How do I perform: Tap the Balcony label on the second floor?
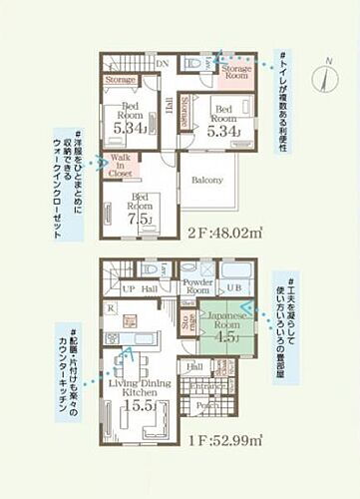[x=207, y=181]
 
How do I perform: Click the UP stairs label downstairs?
[x=128, y=289]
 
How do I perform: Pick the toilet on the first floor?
[x=152, y=269]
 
